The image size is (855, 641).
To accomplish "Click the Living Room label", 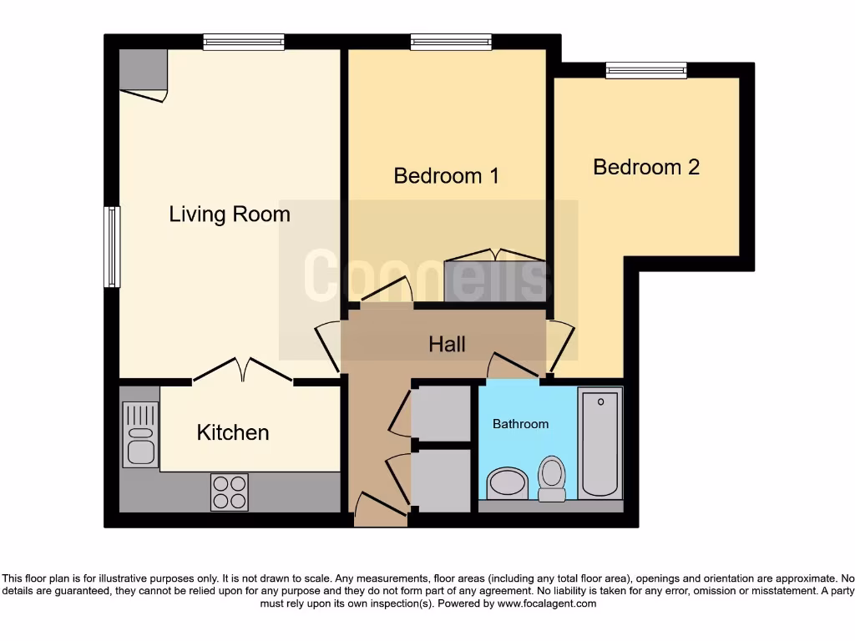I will (x=230, y=215).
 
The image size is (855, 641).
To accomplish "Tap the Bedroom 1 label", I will (x=446, y=176).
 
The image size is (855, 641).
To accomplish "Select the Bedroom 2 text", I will (x=645, y=167).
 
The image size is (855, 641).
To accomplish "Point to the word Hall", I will (x=447, y=344).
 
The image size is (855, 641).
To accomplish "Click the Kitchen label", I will (x=233, y=432).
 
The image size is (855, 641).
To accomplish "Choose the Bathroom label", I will (x=520, y=424).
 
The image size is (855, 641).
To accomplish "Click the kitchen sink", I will (x=139, y=434).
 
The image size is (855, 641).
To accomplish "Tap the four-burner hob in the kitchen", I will (x=229, y=492).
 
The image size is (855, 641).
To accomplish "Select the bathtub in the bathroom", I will (x=600, y=442).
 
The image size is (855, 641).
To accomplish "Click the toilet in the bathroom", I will (x=551, y=477).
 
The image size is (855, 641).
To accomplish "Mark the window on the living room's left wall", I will (x=112, y=247).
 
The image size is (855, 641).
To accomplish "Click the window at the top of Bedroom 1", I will (x=451, y=42).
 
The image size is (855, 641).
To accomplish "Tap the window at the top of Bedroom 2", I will (x=646, y=71).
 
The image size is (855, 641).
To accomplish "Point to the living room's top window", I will (x=244, y=42).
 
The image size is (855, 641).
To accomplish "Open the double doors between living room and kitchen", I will (x=242, y=371).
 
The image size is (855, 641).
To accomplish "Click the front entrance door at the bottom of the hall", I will (x=381, y=509).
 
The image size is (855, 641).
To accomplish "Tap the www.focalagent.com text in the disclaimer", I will (x=546, y=603).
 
